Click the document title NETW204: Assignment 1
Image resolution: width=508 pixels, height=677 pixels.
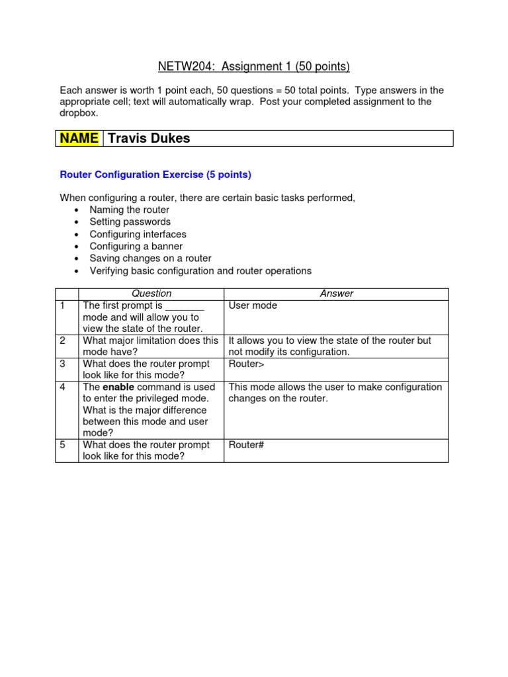click(253, 66)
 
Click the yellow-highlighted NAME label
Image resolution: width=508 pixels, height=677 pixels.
click(79, 138)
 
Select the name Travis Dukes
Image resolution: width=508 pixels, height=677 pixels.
click(148, 138)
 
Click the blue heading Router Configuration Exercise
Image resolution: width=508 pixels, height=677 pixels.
click(155, 175)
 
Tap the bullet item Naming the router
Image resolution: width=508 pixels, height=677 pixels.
click(129, 210)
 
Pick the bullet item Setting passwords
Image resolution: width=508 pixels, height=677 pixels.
click(130, 221)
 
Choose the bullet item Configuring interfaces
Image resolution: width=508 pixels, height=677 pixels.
click(138, 234)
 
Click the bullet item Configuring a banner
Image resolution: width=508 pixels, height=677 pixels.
click(136, 246)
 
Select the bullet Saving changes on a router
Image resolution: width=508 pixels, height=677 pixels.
click(150, 258)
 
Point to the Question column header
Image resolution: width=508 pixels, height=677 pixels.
click(151, 294)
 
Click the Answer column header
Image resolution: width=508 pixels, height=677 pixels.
click(336, 294)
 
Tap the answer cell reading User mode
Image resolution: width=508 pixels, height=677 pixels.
click(253, 305)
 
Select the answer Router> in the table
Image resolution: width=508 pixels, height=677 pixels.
click(246, 364)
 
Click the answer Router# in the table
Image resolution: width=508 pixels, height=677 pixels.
click(246, 445)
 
